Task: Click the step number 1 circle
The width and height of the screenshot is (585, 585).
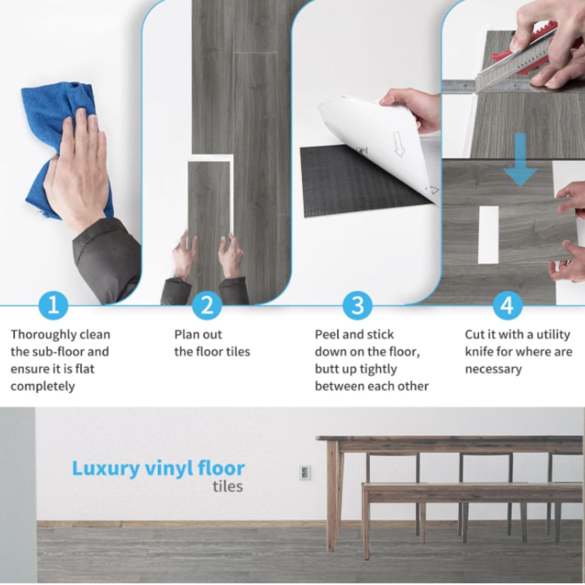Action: pos(54,305)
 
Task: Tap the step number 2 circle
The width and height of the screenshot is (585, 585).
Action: pos(207,305)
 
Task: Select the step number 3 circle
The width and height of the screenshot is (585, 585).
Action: pos(358,305)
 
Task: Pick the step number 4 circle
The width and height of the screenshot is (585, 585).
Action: pos(507,305)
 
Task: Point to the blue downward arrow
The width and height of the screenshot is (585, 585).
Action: pos(521,160)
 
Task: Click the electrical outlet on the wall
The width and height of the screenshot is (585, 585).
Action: pos(305,473)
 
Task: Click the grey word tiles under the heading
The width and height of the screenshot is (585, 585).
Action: pos(228,486)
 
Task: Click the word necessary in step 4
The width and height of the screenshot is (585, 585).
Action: pos(493,370)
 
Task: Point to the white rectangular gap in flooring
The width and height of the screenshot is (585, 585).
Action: pos(488,234)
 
